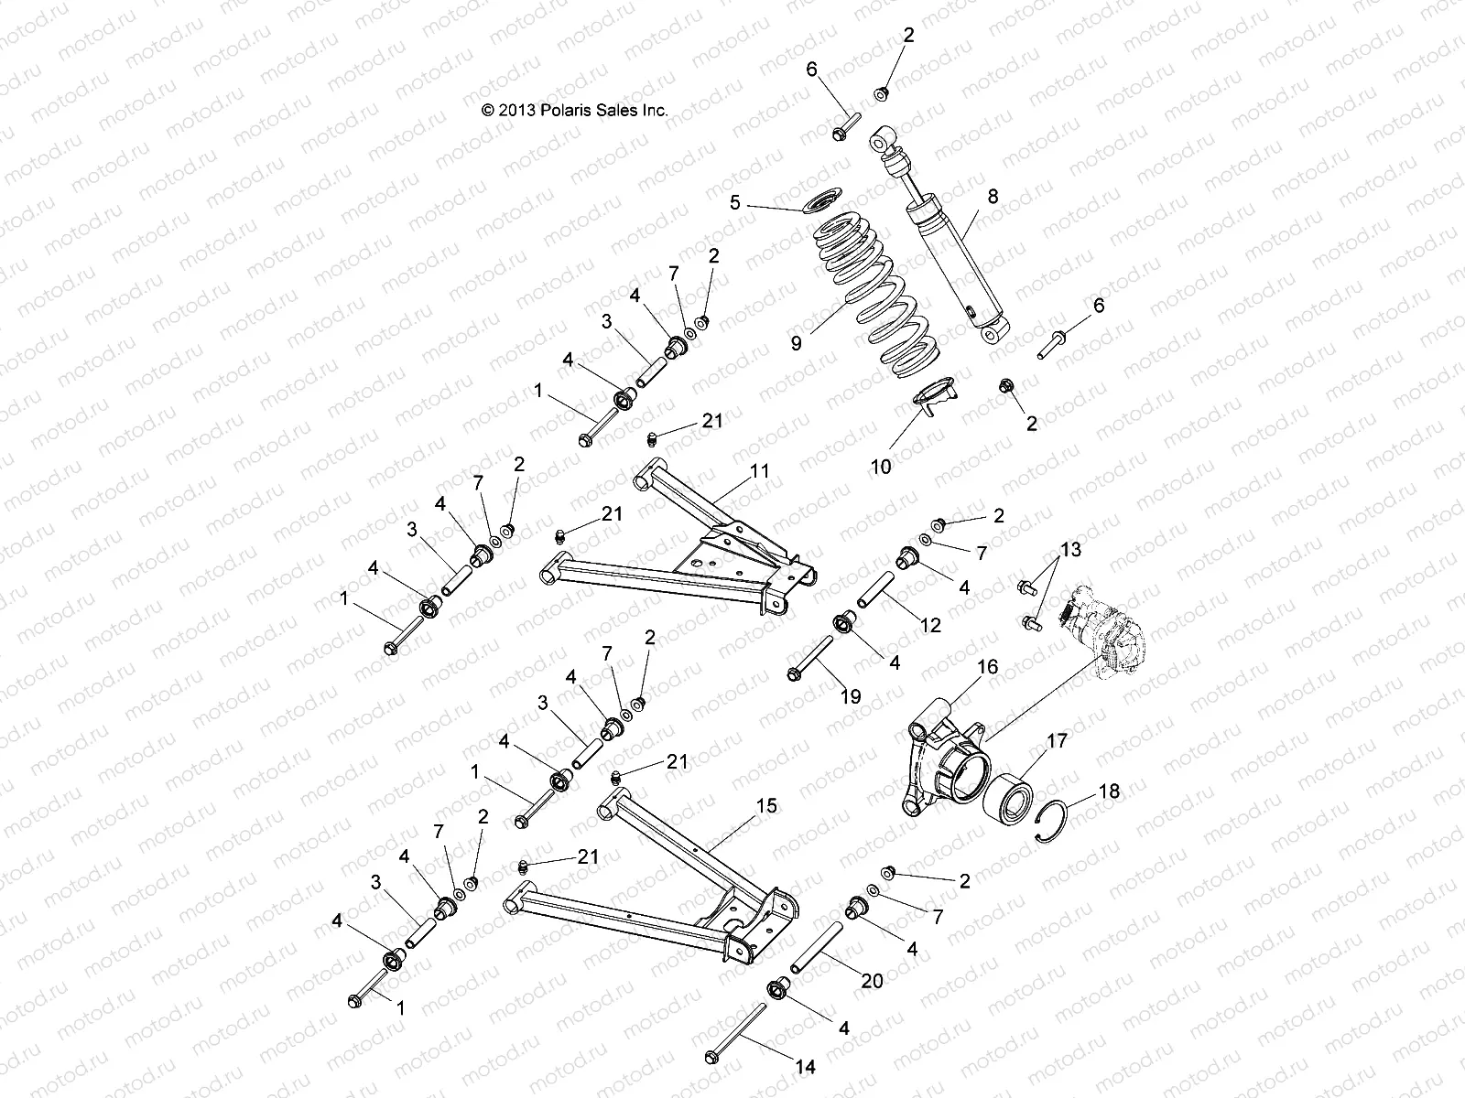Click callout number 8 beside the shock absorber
pyautogui.click(x=993, y=196)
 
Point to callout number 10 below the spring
pyautogui.click(x=880, y=467)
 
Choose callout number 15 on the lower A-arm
pyautogui.click(x=766, y=805)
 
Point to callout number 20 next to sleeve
pyautogui.click(x=872, y=980)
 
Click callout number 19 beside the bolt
pyautogui.click(x=850, y=696)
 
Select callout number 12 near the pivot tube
pyautogui.click(x=930, y=626)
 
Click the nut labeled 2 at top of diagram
pyautogui.click(x=883, y=92)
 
